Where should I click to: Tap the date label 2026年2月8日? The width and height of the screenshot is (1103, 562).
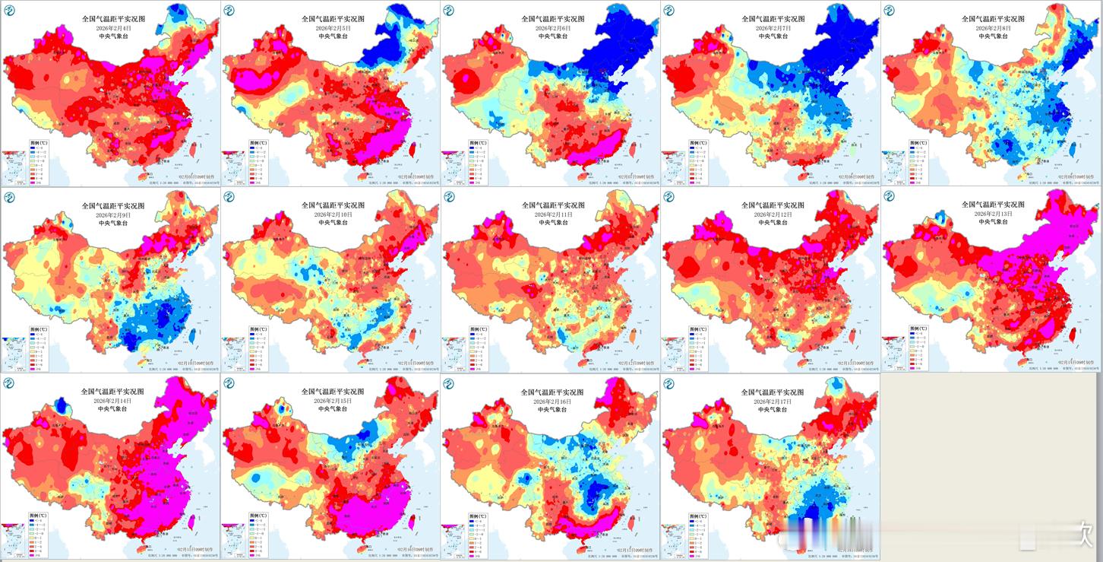click(x=993, y=28)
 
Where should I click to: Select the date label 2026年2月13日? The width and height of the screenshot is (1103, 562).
click(x=993, y=214)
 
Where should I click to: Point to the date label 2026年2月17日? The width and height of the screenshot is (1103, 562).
click(x=772, y=401)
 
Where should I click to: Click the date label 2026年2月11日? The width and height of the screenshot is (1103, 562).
click(x=552, y=214)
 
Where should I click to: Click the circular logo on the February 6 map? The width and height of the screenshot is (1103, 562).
click(x=450, y=11)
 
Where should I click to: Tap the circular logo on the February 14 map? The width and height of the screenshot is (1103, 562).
click(x=9, y=383)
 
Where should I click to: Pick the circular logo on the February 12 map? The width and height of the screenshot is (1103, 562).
click(x=669, y=197)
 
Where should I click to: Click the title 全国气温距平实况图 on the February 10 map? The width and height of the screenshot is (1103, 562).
click(x=333, y=205)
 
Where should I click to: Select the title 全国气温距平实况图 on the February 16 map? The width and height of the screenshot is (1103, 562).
click(x=552, y=392)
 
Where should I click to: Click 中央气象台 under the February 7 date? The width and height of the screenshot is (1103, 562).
click(x=772, y=37)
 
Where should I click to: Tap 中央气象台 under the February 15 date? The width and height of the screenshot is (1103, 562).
click(x=333, y=409)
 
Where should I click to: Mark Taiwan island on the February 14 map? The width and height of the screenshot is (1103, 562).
click(x=191, y=522)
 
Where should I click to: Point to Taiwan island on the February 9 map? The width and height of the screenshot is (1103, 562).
click(x=191, y=335)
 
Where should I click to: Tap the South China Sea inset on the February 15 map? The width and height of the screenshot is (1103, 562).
click(x=232, y=541)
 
